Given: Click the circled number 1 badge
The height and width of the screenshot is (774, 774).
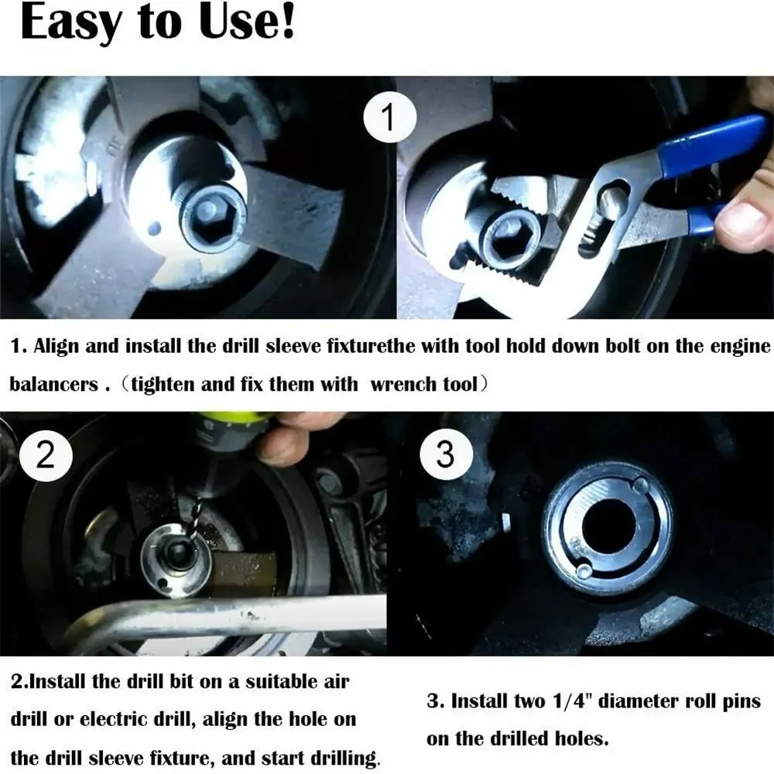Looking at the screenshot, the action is pos(390,118).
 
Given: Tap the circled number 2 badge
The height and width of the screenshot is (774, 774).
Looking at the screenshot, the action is pos(46,455).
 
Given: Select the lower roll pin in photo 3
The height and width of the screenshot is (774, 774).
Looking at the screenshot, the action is pos(584,570).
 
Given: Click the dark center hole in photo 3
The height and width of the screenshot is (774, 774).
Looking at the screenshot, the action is pos(607,527).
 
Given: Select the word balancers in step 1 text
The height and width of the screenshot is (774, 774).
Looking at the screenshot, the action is pos(54,384).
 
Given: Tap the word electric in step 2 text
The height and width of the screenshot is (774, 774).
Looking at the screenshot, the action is pos(114,720).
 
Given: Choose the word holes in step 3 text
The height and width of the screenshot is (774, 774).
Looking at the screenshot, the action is pos(582,739).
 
